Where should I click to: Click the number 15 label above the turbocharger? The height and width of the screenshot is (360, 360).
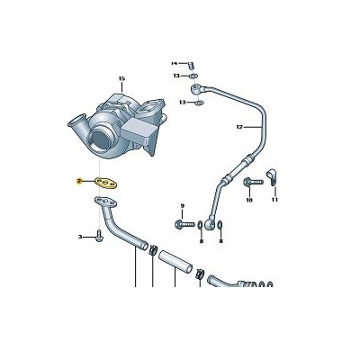click(x=121, y=78)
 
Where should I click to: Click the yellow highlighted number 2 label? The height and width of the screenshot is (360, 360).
click(x=79, y=181)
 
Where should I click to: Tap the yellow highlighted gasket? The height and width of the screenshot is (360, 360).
click(x=106, y=183)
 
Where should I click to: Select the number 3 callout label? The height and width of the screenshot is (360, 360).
click(x=80, y=238)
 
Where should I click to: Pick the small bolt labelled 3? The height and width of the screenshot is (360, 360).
click(x=100, y=235)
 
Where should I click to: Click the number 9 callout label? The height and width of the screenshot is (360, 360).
click(x=183, y=206)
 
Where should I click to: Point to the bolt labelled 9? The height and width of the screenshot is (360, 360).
click(x=184, y=224)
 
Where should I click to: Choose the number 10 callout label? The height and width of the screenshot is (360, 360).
click(x=249, y=200)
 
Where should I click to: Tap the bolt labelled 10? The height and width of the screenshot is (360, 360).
click(x=254, y=182)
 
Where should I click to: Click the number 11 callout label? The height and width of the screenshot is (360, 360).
click(x=274, y=200)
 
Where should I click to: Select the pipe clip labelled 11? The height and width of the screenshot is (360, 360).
click(x=273, y=176)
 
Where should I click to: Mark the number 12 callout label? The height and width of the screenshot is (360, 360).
click(x=239, y=127)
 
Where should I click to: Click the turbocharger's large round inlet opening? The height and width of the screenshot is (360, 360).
click(x=100, y=141)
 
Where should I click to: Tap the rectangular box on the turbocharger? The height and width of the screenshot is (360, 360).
click(x=137, y=130)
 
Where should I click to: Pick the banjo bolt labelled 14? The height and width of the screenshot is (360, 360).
click(x=191, y=66)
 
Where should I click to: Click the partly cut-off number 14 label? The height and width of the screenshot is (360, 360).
click(x=175, y=63)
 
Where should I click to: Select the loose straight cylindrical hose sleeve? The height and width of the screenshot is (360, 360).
click(x=175, y=262)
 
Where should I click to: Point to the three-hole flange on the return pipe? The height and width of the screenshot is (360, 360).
click(x=105, y=202)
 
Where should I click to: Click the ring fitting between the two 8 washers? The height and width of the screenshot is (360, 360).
click(x=210, y=224)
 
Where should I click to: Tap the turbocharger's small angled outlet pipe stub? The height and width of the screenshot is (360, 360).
click(x=77, y=122)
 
